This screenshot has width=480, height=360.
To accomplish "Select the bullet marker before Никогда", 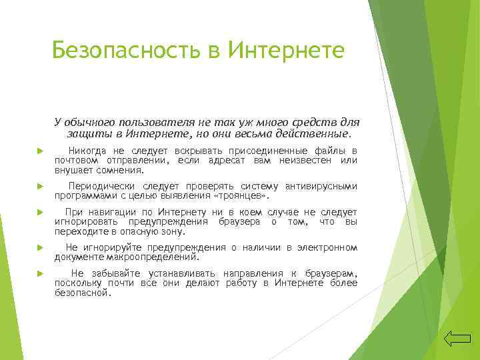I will tap(39, 151).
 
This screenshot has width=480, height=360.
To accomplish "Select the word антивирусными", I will tap(321, 187).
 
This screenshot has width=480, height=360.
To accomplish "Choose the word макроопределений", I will tap(157, 257).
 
